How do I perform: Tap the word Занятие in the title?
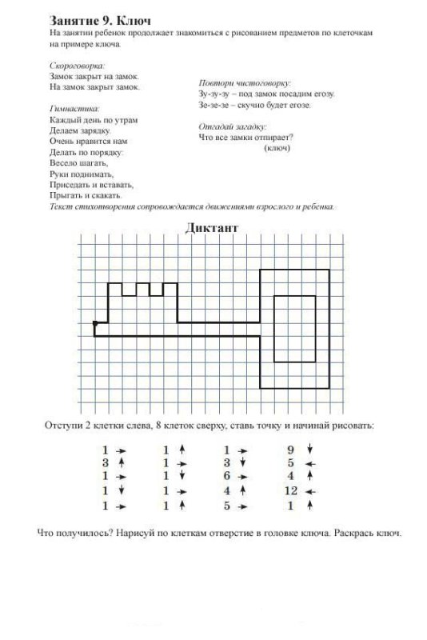[x=74, y=18]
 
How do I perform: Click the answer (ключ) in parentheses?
[x=276, y=147]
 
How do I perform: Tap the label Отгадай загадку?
[x=232, y=126]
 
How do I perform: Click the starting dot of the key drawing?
[x=94, y=323]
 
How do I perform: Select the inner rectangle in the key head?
[x=294, y=329]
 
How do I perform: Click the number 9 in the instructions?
[x=290, y=450]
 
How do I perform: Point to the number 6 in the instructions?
[x=227, y=477]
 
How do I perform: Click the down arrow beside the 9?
[x=312, y=450]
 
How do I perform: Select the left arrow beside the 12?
[x=312, y=490]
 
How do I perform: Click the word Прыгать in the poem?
[x=66, y=194]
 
